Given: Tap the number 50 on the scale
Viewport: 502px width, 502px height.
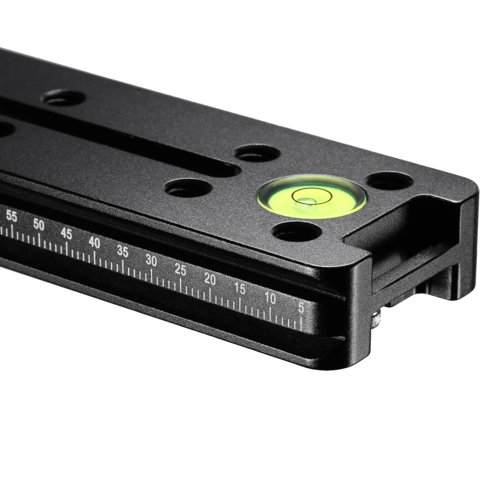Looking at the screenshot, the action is pos(39,226).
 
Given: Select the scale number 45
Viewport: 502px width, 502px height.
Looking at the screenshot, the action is pos(67,234).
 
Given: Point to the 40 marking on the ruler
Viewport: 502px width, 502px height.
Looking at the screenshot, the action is pos(95,243).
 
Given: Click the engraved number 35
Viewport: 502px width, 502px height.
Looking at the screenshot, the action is pos(123,252).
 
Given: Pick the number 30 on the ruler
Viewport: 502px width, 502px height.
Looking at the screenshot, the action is pos(152,261).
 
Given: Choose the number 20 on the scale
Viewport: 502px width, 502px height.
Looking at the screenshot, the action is pos(210,279).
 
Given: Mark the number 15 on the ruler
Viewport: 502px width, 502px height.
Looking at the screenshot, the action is pos(240,288).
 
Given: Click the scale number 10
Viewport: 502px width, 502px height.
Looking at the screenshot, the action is pos(270,298).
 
